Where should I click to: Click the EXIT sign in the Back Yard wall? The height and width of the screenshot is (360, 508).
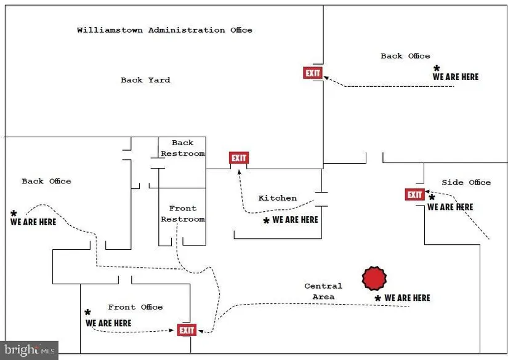(313, 73)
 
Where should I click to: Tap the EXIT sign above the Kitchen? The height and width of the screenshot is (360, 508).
(238, 158)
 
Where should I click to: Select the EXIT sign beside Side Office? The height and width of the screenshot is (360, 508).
(414, 195)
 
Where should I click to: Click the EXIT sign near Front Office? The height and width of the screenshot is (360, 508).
(187, 330)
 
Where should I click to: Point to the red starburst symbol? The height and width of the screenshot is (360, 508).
(374, 279)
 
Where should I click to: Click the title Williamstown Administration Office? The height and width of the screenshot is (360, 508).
(164, 30)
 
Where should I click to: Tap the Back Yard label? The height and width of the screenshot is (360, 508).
(145, 80)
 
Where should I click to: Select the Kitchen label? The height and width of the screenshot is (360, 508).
(277, 198)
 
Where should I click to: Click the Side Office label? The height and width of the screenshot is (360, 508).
(466, 182)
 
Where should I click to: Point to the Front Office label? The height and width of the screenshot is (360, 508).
(135, 307)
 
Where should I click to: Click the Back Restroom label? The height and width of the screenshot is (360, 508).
(182, 148)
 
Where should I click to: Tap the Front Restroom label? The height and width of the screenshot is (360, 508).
(182, 214)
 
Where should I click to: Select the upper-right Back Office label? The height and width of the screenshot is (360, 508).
(405, 56)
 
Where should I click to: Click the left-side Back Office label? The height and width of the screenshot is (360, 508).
(46, 181)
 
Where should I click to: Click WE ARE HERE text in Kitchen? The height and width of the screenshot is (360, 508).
(295, 219)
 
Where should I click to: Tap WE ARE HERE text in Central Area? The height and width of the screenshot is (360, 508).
(407, 298)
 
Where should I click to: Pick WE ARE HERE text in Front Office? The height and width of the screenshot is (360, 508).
(108, 323)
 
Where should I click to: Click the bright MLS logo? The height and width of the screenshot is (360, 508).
(29, 350)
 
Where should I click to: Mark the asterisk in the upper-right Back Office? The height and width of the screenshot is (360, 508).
(437, 68)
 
